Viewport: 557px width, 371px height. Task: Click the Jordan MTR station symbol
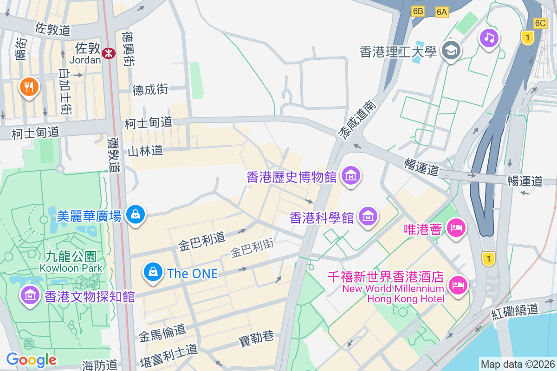[110, 53]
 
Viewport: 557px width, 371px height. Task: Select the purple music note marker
[489, 38]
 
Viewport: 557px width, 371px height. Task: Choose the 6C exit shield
[540, 23]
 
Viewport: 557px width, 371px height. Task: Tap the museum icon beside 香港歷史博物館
[351, 176]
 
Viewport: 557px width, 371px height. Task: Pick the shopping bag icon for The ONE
[153, 272]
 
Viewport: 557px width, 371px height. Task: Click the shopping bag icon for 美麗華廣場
[135, 214]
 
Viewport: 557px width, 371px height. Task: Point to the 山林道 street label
[145, 151]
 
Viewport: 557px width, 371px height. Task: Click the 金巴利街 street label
[252, 247]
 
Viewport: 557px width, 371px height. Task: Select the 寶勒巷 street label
[256, 338]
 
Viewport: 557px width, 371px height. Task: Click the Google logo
[31, 360]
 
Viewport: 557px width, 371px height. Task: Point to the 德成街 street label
[150, 89]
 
